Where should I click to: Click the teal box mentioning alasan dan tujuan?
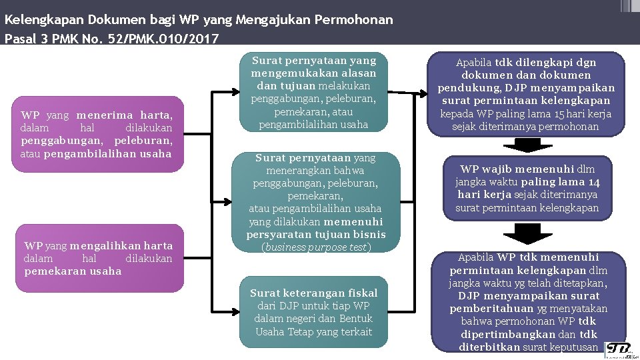coord(313,92)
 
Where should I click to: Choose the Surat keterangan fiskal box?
coord(313,311)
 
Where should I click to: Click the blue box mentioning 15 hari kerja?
coord(526,94)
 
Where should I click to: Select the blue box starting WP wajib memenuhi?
coord(527,189)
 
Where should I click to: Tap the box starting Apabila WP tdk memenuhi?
coord(528,301)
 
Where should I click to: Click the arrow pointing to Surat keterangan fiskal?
coord(227,311)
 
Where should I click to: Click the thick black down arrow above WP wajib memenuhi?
coord(527,144)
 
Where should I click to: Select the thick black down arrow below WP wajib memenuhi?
coord(527,233)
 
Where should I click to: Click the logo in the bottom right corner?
coord(620,350)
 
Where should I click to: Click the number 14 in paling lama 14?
coord(595,182)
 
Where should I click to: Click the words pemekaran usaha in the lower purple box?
coord(73,271)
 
